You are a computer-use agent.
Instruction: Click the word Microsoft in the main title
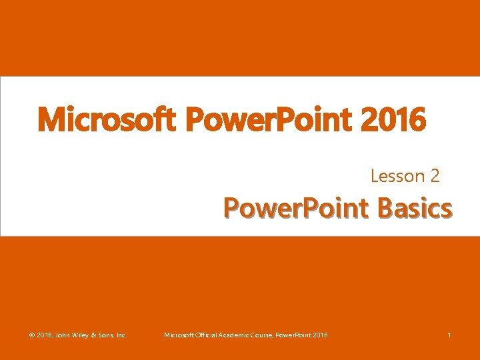105,121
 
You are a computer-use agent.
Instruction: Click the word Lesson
398,176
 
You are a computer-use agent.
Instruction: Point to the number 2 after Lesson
435,176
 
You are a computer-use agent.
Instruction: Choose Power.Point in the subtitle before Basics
297,208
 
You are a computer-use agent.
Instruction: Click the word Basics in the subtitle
414,208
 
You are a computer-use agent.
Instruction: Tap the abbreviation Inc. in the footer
121,335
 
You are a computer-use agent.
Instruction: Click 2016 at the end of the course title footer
320,335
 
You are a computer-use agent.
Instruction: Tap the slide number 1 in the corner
449,335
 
